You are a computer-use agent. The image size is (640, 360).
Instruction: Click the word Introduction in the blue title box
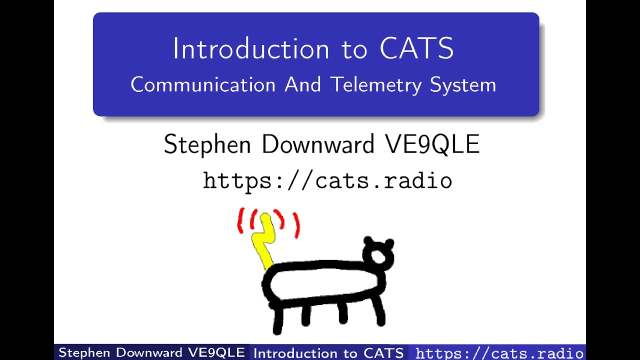click(x=250, y=49)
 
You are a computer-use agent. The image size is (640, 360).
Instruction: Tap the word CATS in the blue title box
click(x=416, y=49)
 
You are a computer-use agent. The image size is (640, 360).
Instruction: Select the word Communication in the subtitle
click(x=203, y=85)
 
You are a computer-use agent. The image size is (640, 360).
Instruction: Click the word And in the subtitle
click(x=303, y=85)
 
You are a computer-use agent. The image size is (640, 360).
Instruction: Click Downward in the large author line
click(x=318, y=145)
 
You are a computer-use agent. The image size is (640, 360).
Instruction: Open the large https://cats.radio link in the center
click(x=327, y=180)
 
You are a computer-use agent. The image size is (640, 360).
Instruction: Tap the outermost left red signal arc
click(x=240, y=220)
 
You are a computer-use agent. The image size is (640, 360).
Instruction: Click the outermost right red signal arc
click(x=296, y=225)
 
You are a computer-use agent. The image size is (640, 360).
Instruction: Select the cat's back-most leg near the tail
click(x=277, y=317)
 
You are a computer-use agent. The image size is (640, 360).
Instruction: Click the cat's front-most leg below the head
click(x=379, y=310)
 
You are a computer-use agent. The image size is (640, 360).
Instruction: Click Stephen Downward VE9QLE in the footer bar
click(x=151, y=352)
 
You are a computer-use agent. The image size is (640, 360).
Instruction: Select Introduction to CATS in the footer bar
click(x=328, y=353)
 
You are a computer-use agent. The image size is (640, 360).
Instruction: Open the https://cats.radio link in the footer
click(x=499, y=353)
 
